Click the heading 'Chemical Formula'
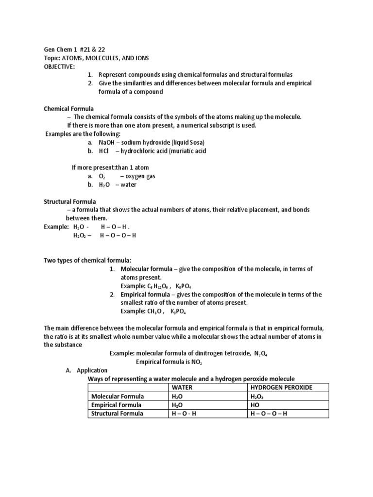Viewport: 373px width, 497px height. tap(69, 108)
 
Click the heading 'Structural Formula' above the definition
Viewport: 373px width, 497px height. tap(70, 201)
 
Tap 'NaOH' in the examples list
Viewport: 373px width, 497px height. tap(106, 142)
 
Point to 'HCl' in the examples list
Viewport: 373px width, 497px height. tap(104, 150)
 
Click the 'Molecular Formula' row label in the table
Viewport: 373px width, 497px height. tap(115, 396)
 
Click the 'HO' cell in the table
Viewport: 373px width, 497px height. tap(255, 405)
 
